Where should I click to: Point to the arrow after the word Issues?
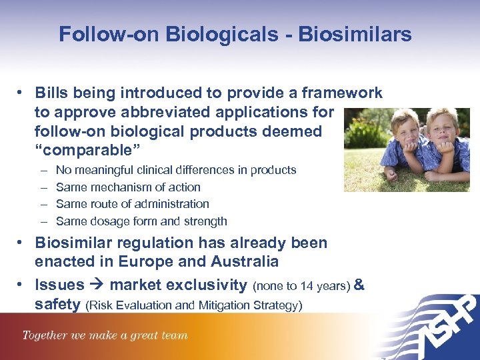[97, 285]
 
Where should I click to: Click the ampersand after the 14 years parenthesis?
[359, 285]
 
